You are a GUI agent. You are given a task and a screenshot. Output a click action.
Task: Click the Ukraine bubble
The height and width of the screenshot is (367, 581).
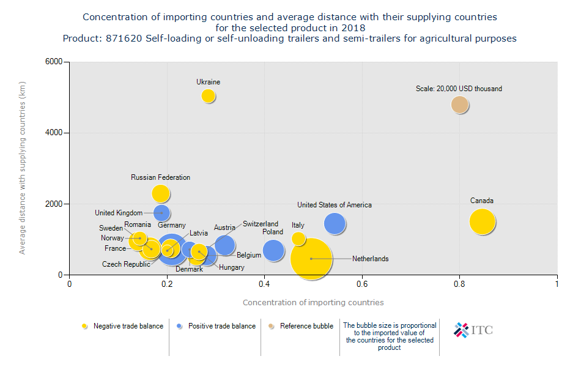[x=208, y=95]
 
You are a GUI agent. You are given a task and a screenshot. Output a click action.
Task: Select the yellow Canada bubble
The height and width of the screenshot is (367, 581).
[x=483, y=221]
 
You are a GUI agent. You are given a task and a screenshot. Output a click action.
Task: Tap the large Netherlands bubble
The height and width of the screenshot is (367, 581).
[x=311, y=259]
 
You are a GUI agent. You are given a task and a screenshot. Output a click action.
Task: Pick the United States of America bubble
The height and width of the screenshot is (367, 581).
[x=335, y=224]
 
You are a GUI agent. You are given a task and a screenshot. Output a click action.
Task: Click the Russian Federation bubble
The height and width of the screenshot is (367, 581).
[x=160, y=193]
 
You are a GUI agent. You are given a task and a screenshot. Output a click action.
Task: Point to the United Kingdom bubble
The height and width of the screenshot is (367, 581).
[x=161, y=213]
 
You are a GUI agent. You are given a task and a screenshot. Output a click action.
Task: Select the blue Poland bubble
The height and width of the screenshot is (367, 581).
[x=273, y=250]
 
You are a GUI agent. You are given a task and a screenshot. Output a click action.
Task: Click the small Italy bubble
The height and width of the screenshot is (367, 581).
[x=298, y=239]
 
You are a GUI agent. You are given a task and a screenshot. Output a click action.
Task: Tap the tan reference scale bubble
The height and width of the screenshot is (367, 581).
[x=460, y=105]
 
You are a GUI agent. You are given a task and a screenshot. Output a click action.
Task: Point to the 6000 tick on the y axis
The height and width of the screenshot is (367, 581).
[x=54, y=62]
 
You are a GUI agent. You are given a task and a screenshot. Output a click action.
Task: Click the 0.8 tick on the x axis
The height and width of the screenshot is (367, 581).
[x=459, y=284]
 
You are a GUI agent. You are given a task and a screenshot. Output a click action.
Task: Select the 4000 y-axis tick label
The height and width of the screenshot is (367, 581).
[x=54, y=133]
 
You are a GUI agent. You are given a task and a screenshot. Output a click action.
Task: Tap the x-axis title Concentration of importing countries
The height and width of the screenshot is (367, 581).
[x=313, y=302]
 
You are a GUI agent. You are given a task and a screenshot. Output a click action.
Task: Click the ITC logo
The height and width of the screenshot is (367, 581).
[x=472, y=330]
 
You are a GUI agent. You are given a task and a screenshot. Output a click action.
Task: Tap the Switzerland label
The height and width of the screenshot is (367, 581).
[x=260, y=224]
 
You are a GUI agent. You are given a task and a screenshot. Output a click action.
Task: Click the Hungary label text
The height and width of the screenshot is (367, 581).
[x=231, y=267]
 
